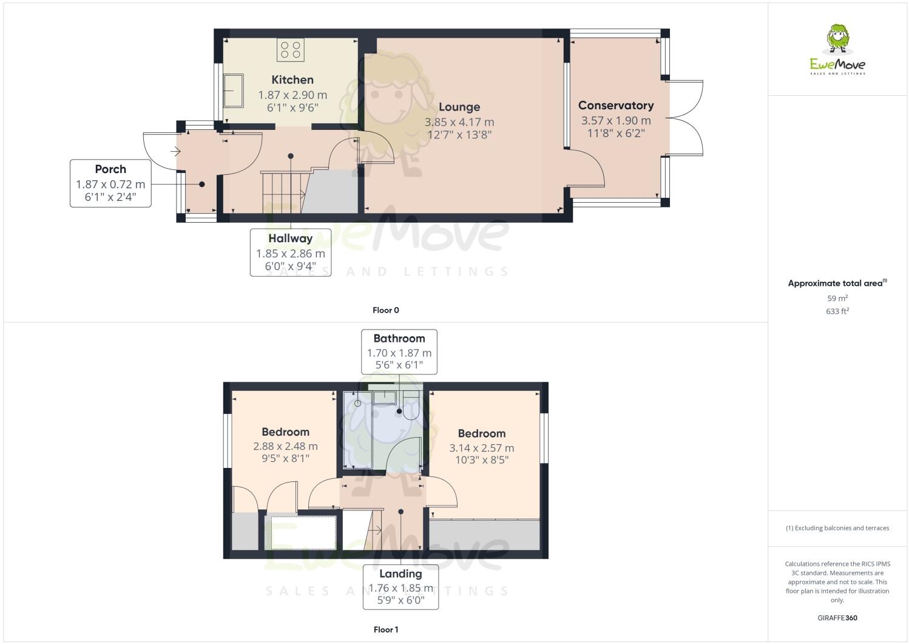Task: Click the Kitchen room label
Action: [292, 80]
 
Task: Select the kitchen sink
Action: [234, 90]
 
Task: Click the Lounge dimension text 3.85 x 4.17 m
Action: [459, 122]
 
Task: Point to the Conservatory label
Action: [616, 106]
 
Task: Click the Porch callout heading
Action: [110, 169]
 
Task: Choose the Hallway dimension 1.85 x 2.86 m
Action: [291, 254]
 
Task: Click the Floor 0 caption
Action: [386, 310]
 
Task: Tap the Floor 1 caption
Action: [386, 629]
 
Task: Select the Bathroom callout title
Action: [399, 339]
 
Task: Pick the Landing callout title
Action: [400, 574]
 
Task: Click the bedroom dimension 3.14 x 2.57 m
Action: [482, 449]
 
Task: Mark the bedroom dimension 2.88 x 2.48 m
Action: [285, 447]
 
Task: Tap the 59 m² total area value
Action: [837, 299]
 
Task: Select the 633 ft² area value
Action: [837, 311]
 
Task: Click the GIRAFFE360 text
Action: [837, 618]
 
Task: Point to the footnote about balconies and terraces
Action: [837, 528]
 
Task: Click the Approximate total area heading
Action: [836, 283]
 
